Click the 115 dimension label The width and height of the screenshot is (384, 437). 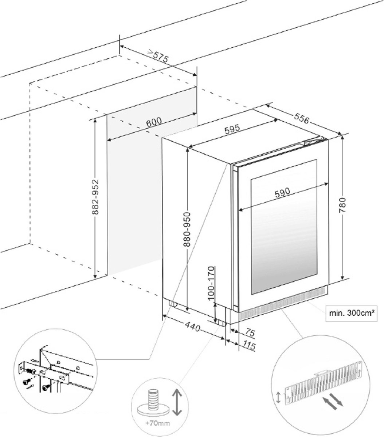click(x=248, y=345)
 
